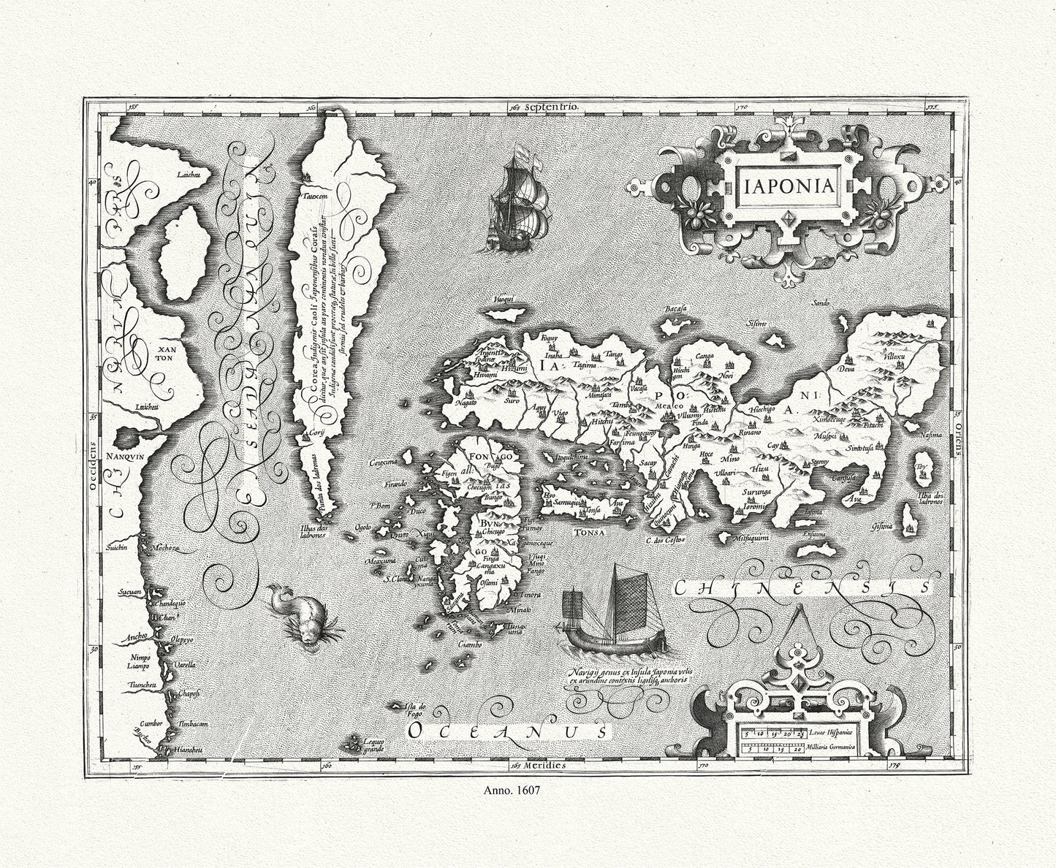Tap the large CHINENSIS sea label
(801, 587)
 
